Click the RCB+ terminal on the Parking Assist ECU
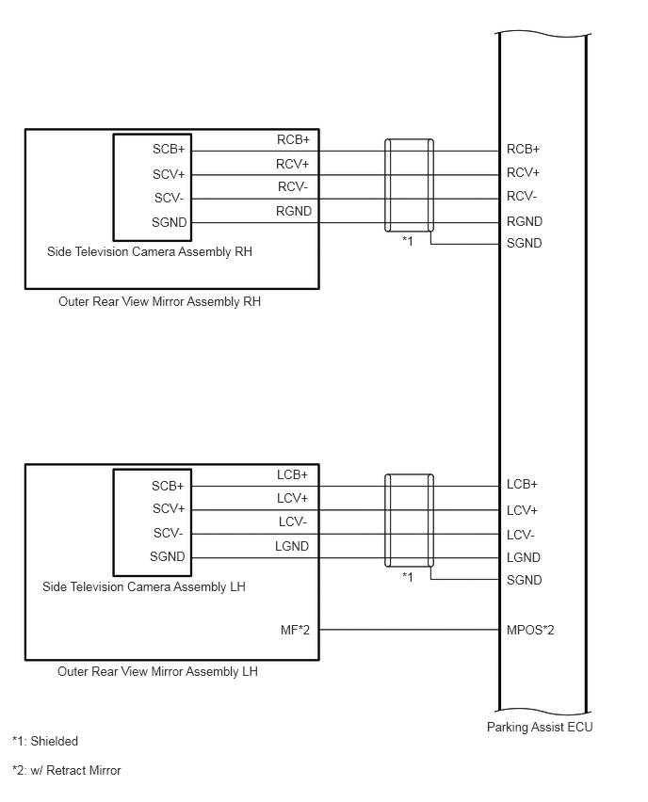tap(523, 149)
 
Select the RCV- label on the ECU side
tap(522, 197)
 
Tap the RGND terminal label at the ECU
tap(525, 221)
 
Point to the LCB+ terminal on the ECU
tap(522, 485)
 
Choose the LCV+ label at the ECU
tap(522, 510)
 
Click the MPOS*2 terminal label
tap(530, 629)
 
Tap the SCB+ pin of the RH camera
tap(170, 150)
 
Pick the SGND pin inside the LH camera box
tap(168, 556)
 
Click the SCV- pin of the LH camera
tap(169, 533)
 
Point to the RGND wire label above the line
tap(294, 212)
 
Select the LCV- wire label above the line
tap(292, 522)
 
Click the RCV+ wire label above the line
tap(293, 164)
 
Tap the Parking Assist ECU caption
tap(540, 727)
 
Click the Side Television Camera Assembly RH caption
tap(150, 252)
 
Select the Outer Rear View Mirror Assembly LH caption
tap(157, 672)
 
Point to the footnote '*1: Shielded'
tap(45, 742)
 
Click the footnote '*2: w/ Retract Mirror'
tap(67, 770)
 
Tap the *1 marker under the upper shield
tap(408, 242)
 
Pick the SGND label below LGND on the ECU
tap(525, 580)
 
